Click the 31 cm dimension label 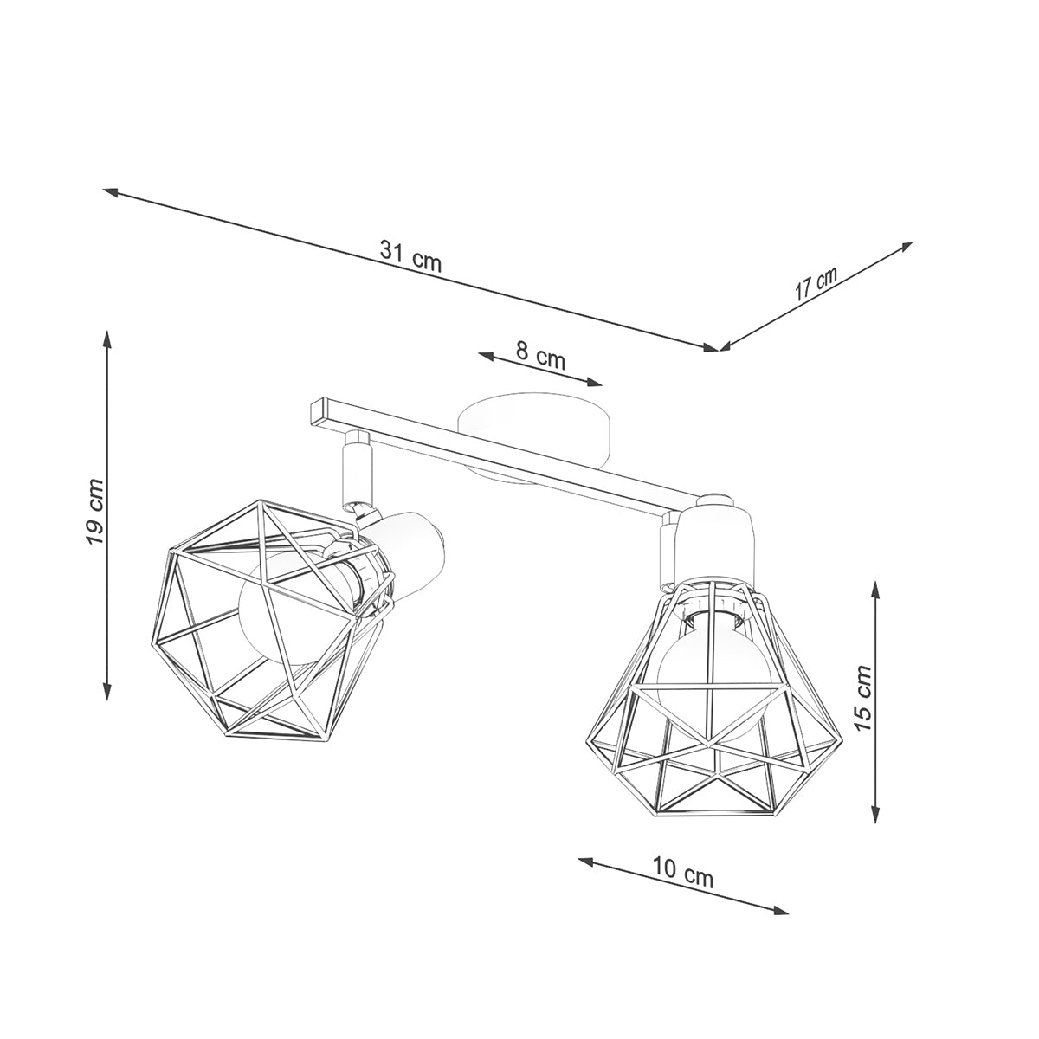point(410,255)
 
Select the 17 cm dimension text point(816,284)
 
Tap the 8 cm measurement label point(540,355)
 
